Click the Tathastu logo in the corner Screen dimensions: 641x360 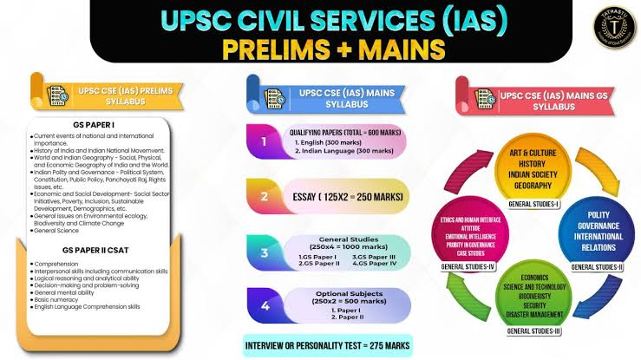[607, 33]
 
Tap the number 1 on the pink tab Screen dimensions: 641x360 [264, 137]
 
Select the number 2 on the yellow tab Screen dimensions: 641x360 [264, 196]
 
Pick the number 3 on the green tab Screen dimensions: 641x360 [264, 252]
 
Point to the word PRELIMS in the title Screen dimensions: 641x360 [278, 49]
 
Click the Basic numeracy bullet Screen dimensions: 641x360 [61, 298]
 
